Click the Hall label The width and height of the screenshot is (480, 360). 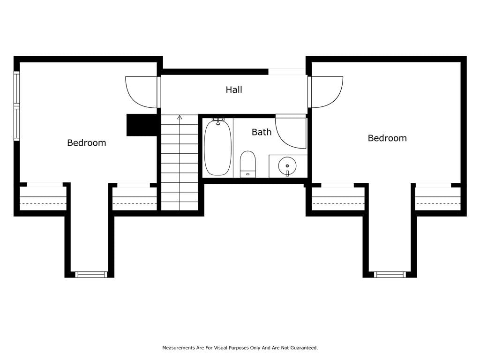[234, 90]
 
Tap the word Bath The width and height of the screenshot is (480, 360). [262, 132]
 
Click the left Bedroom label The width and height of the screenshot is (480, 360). [87, 142]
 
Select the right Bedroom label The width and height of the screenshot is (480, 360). [387, 138]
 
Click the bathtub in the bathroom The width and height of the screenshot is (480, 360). [217, 148]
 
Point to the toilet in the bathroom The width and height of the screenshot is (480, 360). [247, 164]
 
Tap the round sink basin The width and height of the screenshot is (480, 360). [287, 166]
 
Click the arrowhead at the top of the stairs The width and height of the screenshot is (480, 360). [180, 117]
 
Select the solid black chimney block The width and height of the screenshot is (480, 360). [142, 125]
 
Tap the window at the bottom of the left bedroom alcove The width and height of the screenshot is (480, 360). [91, 275]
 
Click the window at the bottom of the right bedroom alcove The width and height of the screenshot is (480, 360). [390, 275]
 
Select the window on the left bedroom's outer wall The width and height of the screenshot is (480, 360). [16, 106]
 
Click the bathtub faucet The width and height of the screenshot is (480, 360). [218, 121]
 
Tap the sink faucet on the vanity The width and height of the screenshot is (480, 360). [287, 173]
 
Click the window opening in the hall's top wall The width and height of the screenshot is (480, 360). [287, 72]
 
